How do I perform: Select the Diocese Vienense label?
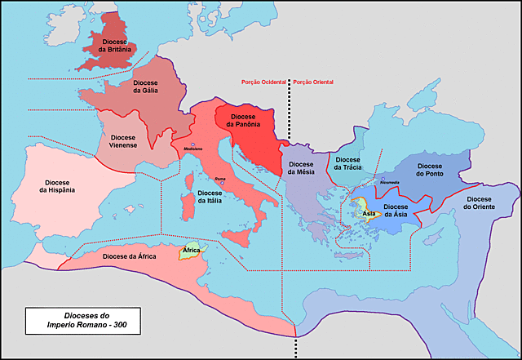[124, 141]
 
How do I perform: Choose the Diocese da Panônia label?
[247, 121]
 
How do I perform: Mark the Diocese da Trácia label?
[347, 163]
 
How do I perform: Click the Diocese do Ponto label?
[429, 168]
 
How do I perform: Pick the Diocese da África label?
[130, 256]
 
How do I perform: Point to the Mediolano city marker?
[193, 144]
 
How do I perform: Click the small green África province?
[191, 251]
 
